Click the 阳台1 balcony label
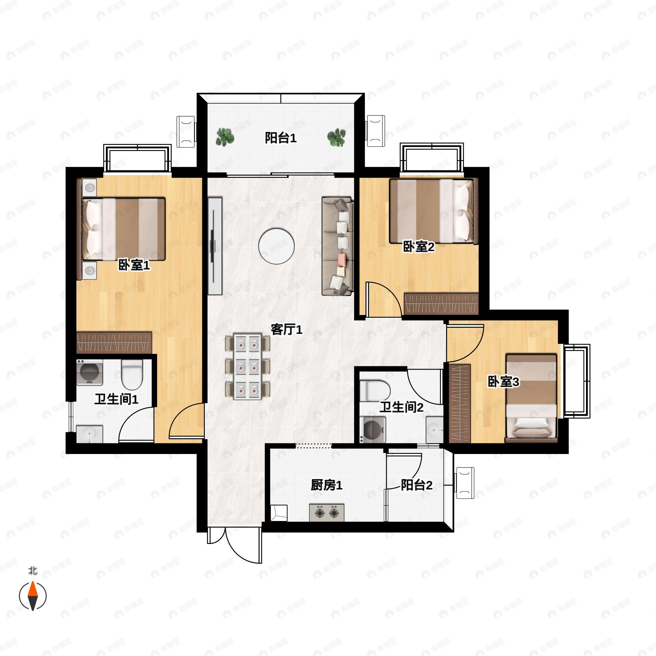coord(280,138)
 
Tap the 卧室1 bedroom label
coord(134,265)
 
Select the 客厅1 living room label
coord(286,329)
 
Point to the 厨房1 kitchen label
coord(326,485)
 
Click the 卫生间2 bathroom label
coord(401,407)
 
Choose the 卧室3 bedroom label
coord(503,382)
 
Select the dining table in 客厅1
coord(248,367)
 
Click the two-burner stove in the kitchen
coord(326,513)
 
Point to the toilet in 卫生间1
coord(132,374)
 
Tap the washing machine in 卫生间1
coord(89,372)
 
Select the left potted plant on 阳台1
coord(225,137)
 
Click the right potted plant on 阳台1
coord(336,137)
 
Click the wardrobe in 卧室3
coord(459,404)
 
